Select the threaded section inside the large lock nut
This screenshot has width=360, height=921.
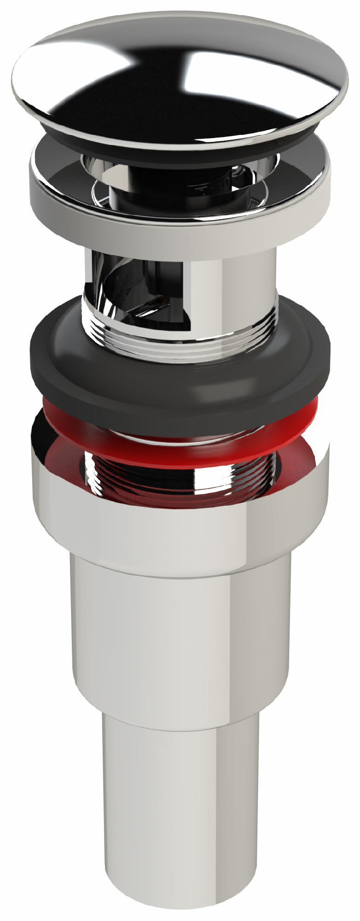pyautogui.click(x=180, y=474)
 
